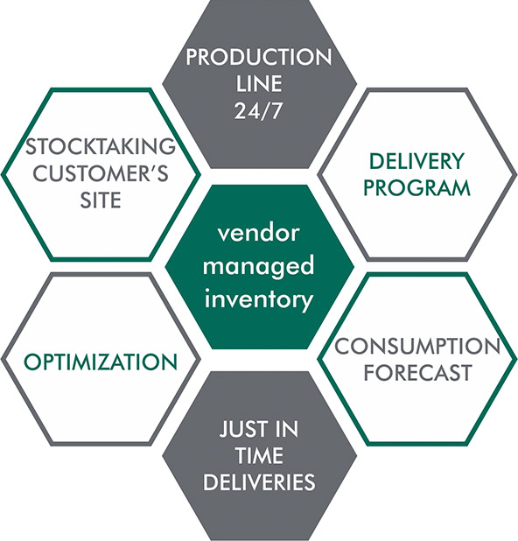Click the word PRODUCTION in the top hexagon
pyautogui.click(x=259, y=57)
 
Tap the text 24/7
pyautogui.click(x=258, y=111)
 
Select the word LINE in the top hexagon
pyautogui.click(x=259, y=84)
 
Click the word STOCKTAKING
pyautogui.click(x=101, y=146)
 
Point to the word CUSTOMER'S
pyautogui.click(x=101, y=173)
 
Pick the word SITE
pyautogui.click(x=101, y=200)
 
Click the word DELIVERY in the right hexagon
pyautogui.click(x=416, y=161)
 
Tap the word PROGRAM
pyautogui.click(x=417, y=187)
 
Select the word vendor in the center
pyautogui.click(x=258, y=233)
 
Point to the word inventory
pyautogui.click(x=259, y=299)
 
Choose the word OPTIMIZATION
pyautogui.click(x=101, y=362)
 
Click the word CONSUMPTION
pyautogui.click(x=417, y=346)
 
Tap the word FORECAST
pyautogui.click(x=417, y=373)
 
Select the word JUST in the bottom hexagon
pyautogui.click(x=241, y=429)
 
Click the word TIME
pyautogui.click(x=259, y=455)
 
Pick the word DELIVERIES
pyautogui.click(x=259, y=482)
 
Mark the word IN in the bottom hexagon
pyautogui.click(x=285, y=429)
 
